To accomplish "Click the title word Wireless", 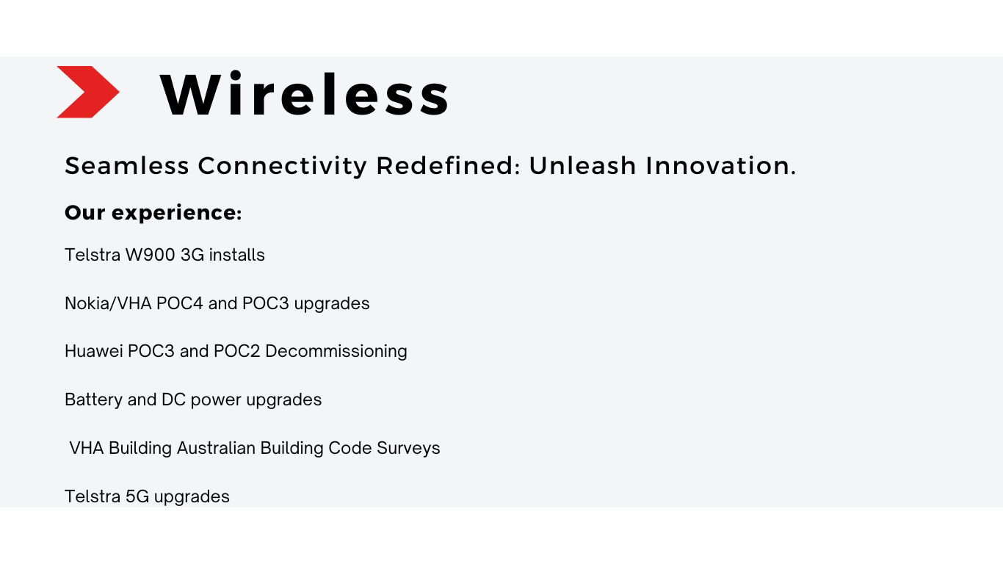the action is click(305, 95).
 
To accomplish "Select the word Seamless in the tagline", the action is click(127, 165).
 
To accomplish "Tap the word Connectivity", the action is click(282, 166).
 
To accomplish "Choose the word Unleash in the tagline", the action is click(582, 165).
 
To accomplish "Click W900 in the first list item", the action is click(150, 255).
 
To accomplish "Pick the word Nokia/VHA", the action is click(108, 303).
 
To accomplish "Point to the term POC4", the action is click(180, 303).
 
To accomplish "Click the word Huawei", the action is click(93, 351).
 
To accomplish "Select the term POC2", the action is click(237, 351).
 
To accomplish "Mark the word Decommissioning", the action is click(336, 352).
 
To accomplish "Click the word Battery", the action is click(93, 400).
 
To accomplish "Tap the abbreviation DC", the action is click(173, 399).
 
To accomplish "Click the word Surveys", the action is click(408, 449).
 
